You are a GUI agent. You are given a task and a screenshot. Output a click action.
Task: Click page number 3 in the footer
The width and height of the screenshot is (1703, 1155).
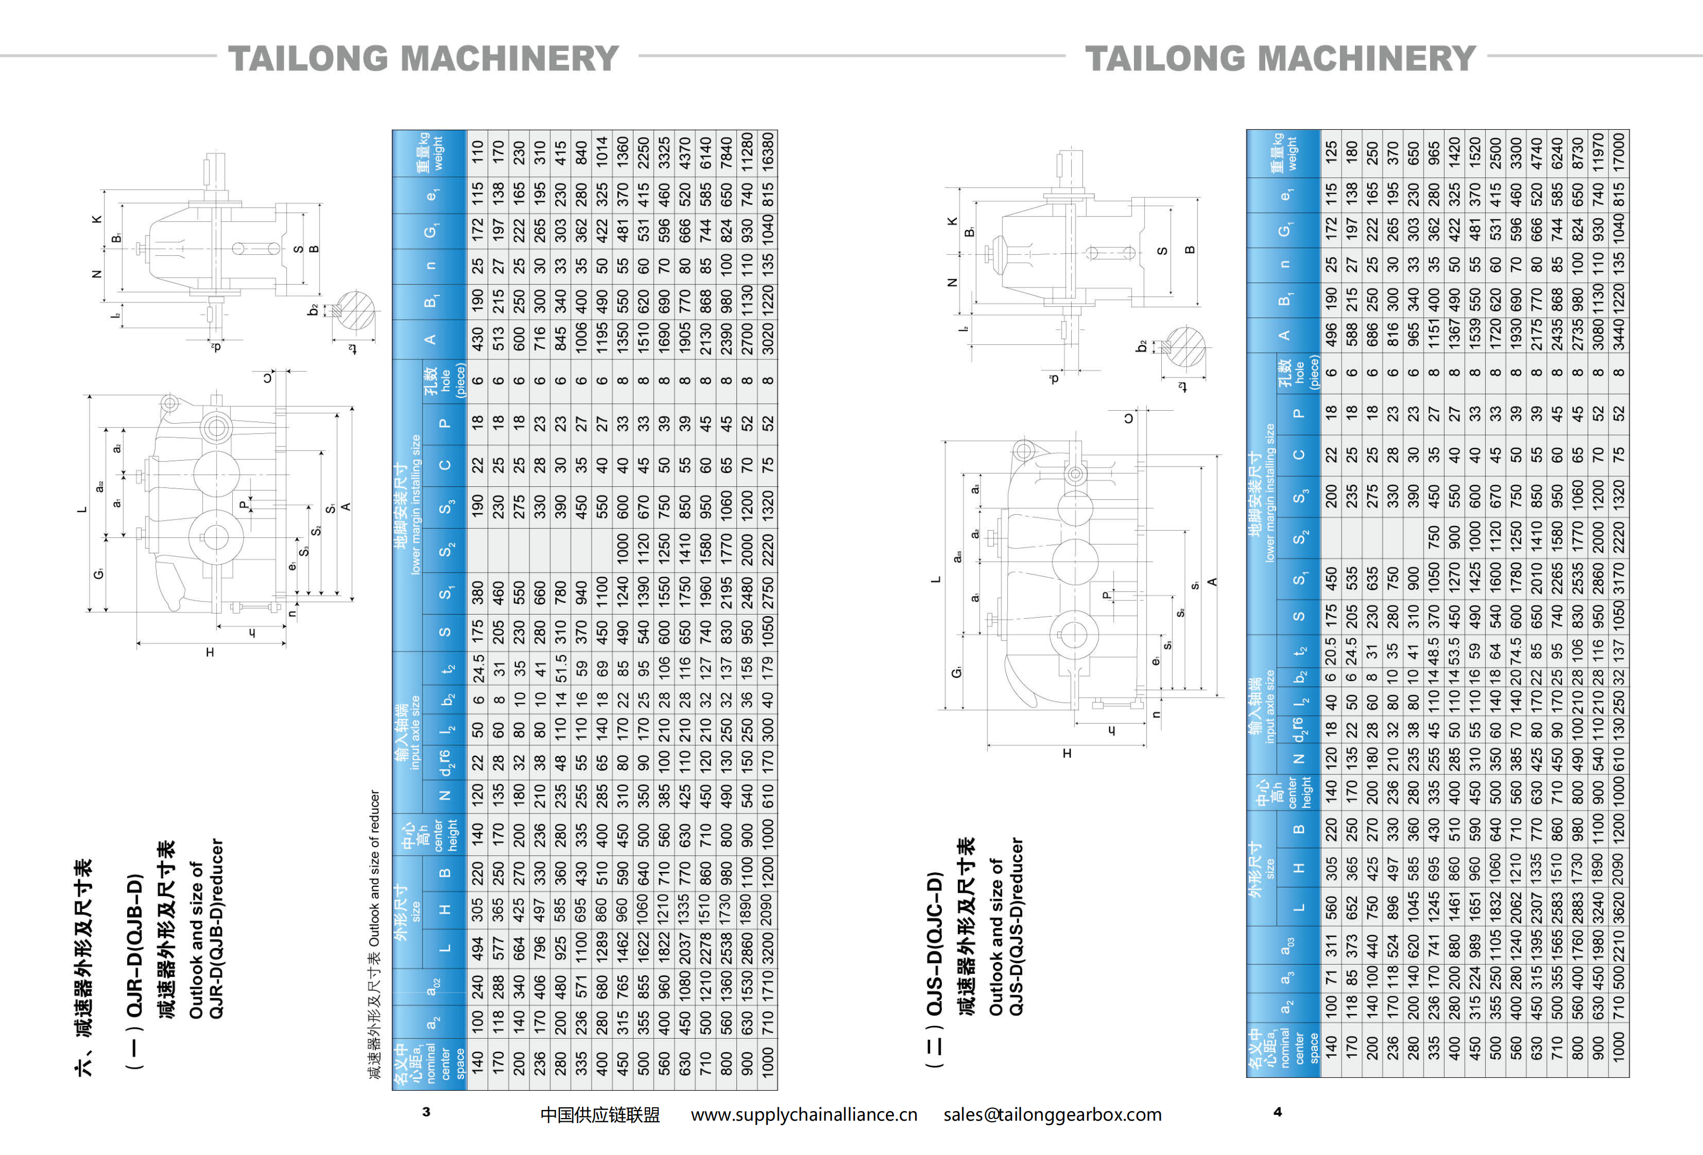pyautogui.click(x=426, y=1111)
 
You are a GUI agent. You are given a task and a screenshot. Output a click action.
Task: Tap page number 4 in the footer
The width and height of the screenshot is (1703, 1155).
pyautogui.click(x=1277, y=1111)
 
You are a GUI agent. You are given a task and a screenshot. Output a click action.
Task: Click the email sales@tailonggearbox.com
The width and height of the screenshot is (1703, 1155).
pyautogui.click(x=1052, y=1114)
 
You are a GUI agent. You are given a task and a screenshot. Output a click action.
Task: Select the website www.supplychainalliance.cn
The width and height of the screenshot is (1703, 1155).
pyautogui.click(x=804, y=1114)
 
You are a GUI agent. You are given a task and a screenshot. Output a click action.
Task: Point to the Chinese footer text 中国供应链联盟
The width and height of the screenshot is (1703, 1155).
pyautogui.click(x=600, y=1114)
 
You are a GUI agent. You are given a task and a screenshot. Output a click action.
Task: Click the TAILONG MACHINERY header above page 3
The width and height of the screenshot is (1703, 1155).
pyautogui.click(x=424, y=58)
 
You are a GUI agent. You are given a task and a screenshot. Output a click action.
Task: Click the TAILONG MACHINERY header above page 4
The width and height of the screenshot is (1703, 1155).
pyautogui.click(x=1280, y=58)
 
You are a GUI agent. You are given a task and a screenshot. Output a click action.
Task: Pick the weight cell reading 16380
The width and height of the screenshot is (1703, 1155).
pyautogui.click(x=767, y=153)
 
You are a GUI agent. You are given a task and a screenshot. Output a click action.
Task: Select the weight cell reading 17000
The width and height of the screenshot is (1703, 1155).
pyautogui.click(x=1619, y=153)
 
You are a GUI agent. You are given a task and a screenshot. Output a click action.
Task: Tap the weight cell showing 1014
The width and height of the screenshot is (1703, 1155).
pyautogui.click(x=602, y=153)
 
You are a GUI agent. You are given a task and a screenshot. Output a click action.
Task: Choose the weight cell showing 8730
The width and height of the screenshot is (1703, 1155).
pyautogui.click(x=1577, y=153)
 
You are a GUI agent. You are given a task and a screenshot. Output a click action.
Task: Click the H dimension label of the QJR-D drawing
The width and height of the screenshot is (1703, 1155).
pyautogui.click(x=210, y=652)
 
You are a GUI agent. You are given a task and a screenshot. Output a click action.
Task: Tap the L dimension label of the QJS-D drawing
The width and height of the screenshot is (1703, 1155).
pyautogui.click(x=935, y=579)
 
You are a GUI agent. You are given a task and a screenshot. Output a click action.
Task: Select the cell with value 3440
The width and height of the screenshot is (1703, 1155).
pyautogui.click(x=1619, y=336)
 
